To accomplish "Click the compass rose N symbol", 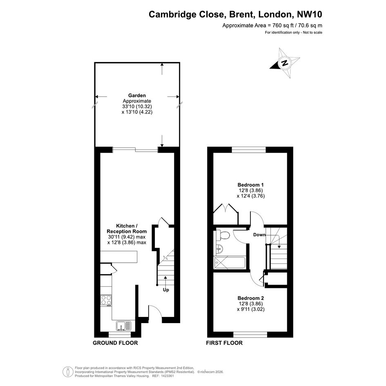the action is coord(285,63).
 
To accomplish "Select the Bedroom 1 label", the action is coord(251,185).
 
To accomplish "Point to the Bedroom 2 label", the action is coord(251,298).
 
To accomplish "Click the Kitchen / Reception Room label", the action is coord(127,228).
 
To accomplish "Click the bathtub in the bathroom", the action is coord(230,263).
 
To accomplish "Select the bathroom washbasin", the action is coord(219,250).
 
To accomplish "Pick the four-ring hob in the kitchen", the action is coord(106,300).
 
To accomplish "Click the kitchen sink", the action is coord(124,326).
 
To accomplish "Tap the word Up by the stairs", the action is coord(166,290).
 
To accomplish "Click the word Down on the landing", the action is coord(259,234).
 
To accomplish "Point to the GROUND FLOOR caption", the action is coord(115,343).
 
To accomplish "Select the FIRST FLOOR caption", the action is coord(224,343).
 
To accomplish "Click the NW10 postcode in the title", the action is coord(310,14).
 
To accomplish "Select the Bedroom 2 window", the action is coord(250,335).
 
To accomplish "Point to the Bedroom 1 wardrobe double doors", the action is coord(226,208).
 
